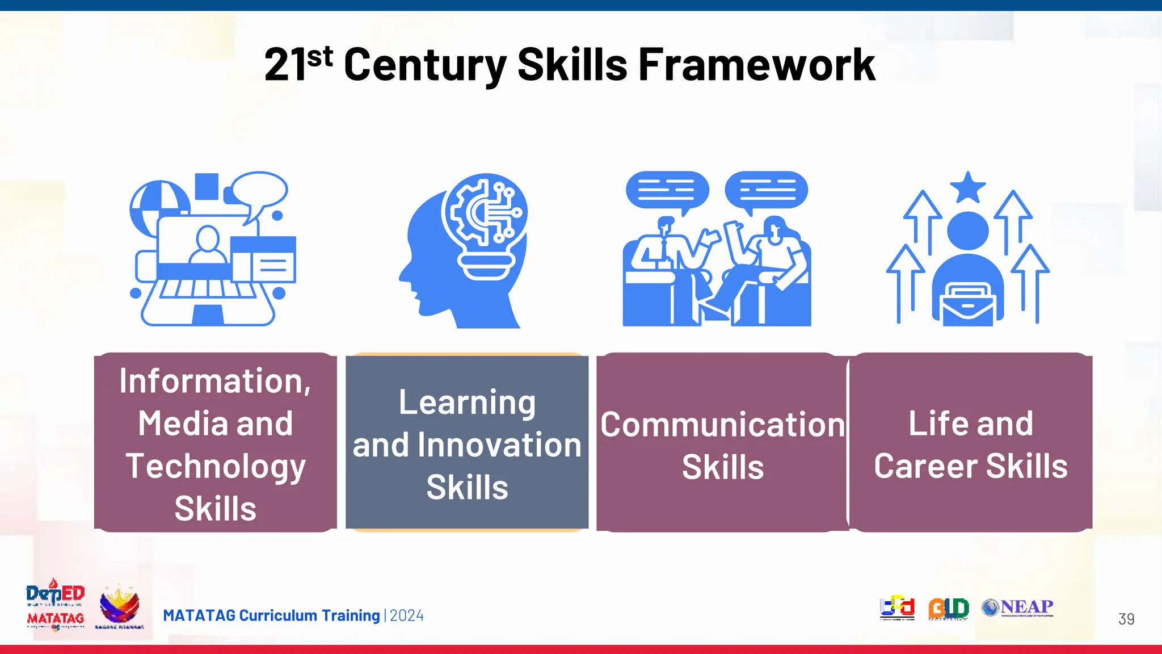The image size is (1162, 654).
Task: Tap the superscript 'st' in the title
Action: pos(320,57)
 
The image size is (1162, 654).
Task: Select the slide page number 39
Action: pos(1126,619)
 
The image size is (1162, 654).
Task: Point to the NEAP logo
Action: pos(1018,607)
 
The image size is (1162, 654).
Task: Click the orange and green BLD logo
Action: pos(948,608)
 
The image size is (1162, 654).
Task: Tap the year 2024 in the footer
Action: pos(407,616)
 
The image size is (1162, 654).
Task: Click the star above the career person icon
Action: pos(967,187)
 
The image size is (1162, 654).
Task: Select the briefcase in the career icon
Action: pos(968,305)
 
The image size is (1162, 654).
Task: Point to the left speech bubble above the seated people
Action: pos(667,191)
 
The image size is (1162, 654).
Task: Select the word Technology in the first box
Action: pos(216,467)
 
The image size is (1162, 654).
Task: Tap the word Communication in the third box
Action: pos(722,425)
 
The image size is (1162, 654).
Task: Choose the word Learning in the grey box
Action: pos(467,403)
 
